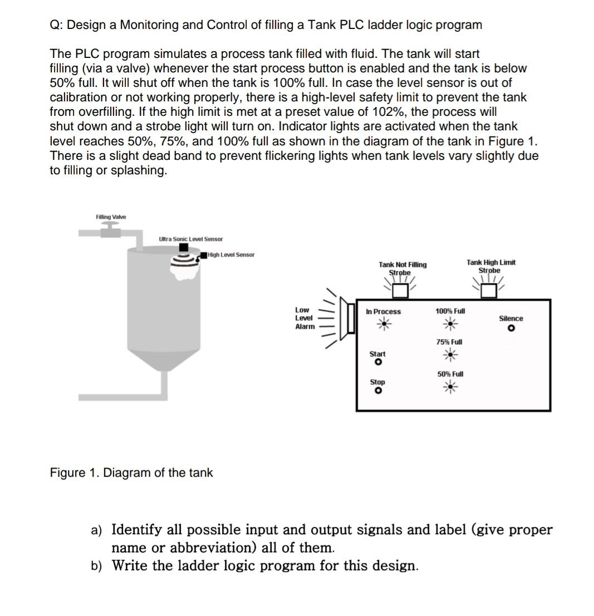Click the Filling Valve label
click(111, 217)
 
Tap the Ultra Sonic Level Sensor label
click(190, 239)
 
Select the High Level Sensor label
click(230, 255)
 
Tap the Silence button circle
click(510, 329)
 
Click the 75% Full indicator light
click(449, 354)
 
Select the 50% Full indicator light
click(450, 387)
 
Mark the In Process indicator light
click(383, 324)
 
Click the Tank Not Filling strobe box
click(401, 291)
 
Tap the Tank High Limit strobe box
click(489, 290)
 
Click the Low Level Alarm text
click(304, 318)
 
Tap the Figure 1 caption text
click(131, 473)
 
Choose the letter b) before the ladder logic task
click(97, 566)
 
